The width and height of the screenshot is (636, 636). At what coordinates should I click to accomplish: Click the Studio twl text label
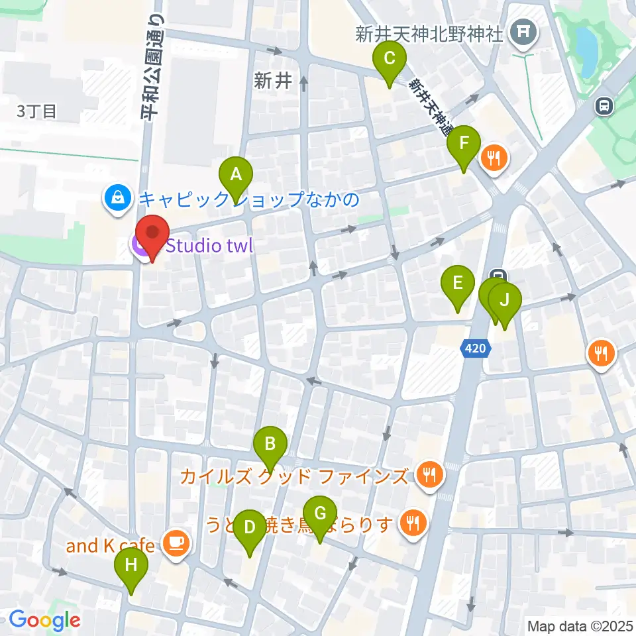pos(209,246)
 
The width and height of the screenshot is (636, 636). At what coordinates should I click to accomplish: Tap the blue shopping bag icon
pos(117,197)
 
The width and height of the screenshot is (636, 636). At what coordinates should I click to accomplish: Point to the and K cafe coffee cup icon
pos(176,545)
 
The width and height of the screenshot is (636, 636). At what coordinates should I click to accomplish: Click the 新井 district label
pos(273,81)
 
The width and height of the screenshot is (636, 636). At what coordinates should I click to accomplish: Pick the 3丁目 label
pos(37,111)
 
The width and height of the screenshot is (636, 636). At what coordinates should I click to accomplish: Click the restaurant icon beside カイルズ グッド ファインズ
pos(430,474)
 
